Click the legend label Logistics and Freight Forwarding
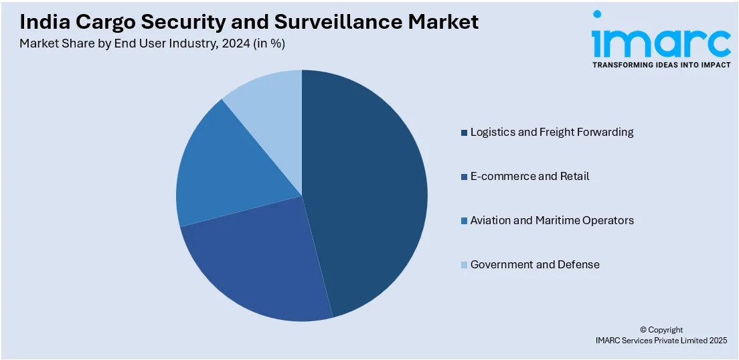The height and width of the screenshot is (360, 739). pos(552,132)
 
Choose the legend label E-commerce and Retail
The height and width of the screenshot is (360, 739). pos(529,176)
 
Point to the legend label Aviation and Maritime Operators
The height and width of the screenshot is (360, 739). pos(552,220)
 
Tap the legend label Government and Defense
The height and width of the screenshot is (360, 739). pos(535,264)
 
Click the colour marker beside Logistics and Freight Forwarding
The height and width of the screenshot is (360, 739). pos(464,132)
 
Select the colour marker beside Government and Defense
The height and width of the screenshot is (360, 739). pos(464,265)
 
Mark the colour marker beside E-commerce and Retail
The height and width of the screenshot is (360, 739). pos(464,177)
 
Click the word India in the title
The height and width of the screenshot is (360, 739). pos(42,22)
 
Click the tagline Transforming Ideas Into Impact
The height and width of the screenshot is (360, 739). pos(661,65)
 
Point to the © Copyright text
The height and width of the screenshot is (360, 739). pos(661,329)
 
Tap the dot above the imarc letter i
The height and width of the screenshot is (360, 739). pos(597,14)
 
